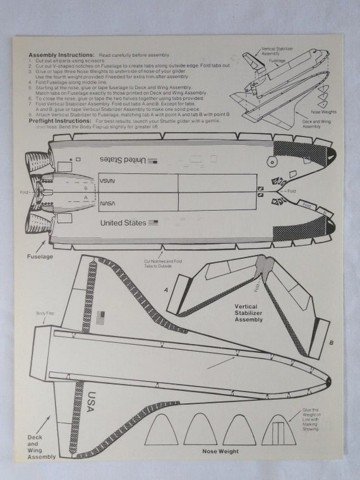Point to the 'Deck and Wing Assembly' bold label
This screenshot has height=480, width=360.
42,446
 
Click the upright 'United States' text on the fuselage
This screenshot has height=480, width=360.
123,223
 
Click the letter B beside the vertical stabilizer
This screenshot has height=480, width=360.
332,344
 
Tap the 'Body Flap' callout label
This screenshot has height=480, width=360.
45,313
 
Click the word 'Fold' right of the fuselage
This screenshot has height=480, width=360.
291,190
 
